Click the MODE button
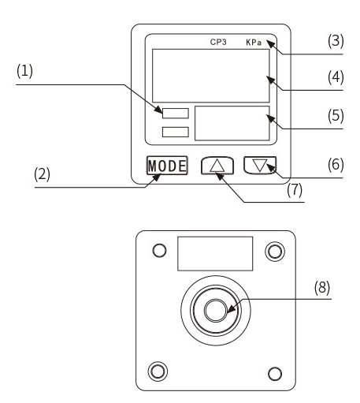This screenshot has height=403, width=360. coord(167,166)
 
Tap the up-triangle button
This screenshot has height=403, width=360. coord(217,166)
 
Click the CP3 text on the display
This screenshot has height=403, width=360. coord(218,42)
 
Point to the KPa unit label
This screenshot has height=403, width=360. coord(254,43)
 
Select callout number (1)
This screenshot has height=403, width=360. coord(24,71)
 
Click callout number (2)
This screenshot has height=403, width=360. coord(42,174)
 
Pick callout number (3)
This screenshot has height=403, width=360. coord(336,41)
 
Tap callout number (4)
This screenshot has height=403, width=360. coord(336,77)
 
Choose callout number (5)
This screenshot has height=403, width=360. coord(336,116)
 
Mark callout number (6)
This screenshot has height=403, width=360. coord(336,165)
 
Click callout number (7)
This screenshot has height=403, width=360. coord(295,190)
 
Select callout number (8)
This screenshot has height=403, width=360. coord(322,287)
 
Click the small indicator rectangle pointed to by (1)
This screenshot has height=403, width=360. coord(176,114)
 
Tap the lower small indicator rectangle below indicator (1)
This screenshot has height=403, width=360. coord(176,132)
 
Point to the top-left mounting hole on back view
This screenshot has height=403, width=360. coord(159,250)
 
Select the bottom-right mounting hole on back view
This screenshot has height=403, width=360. coord(275,374)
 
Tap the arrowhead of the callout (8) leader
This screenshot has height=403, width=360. coord(231,308)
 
